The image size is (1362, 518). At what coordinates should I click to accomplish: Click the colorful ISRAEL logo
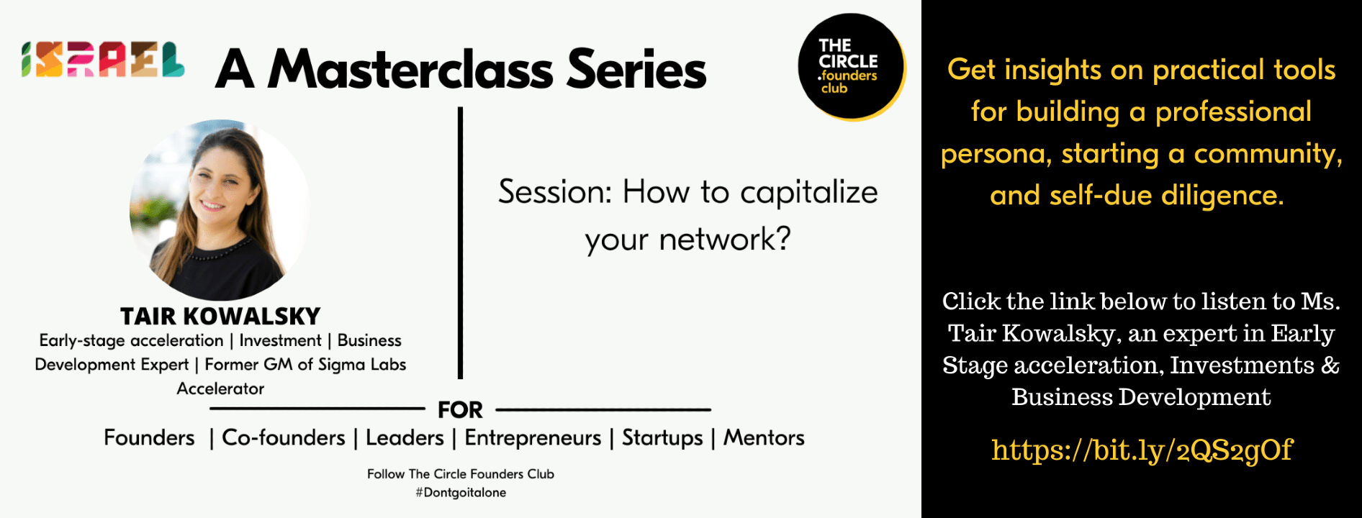103,60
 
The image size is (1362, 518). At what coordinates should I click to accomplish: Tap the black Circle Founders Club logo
852,67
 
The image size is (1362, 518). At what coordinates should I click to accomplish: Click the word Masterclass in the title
410,70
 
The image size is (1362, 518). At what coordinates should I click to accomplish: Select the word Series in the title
636,70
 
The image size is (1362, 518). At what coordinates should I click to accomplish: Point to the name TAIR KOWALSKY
220,316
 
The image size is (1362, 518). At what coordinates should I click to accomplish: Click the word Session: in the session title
555,192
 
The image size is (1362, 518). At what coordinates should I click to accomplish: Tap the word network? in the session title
725,240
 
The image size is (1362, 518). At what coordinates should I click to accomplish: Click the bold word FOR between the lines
460,410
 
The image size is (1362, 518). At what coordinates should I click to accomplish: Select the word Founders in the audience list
149,437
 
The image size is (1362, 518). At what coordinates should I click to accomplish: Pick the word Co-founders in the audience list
284,437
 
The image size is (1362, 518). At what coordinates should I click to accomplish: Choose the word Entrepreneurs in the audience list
533,438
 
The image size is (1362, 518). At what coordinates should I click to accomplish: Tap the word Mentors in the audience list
764,437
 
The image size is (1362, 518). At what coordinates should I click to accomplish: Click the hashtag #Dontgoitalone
461,493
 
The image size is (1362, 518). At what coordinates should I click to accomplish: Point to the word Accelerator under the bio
220,388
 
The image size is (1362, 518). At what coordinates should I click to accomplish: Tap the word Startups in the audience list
662,438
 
